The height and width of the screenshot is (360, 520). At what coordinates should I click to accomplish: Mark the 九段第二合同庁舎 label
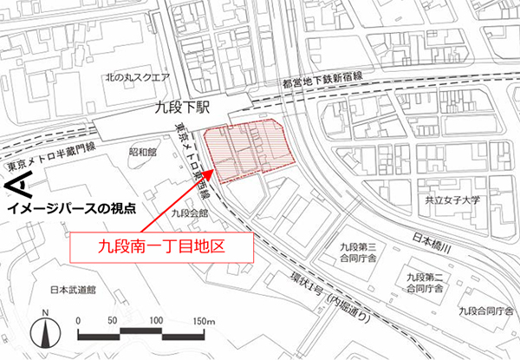pyautogui.click(x=422, y=281)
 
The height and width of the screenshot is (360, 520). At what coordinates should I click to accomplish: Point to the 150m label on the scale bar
pyautogui.click(x=204, y=322)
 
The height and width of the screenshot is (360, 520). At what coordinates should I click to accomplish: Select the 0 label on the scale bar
pyautogui.click(x=79, y=322)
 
